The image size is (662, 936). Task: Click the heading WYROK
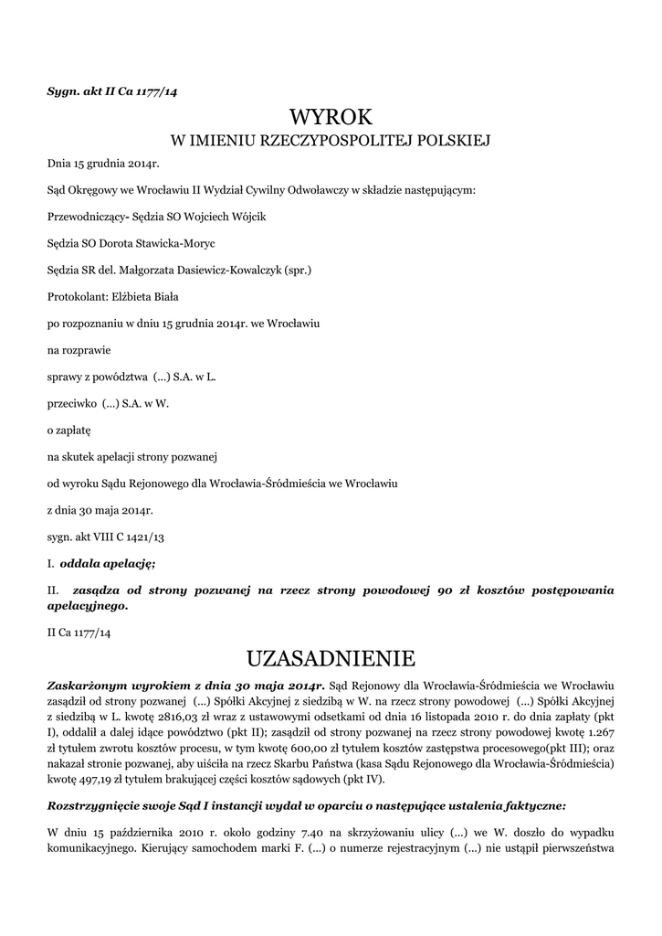pyautogui.click(x=331, y=117)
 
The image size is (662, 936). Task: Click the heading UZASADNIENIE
pyautogui.click(x=331, y=658)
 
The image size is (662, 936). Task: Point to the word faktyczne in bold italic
pyautogui.click(x=533, y=805)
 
